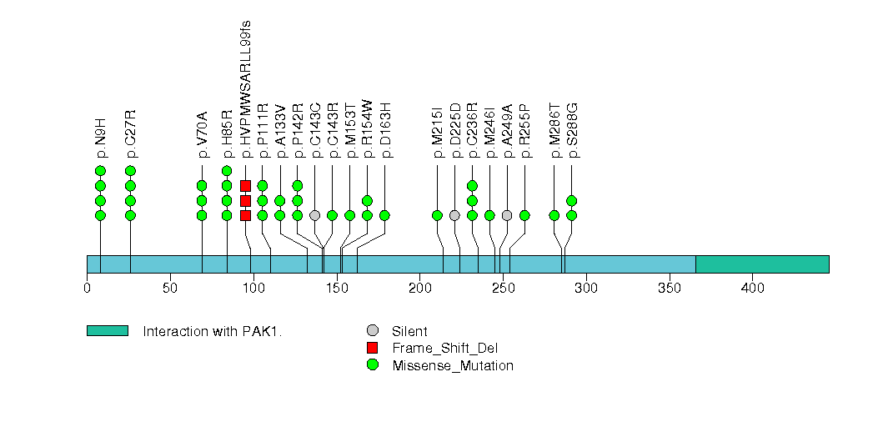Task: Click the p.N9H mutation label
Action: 101,141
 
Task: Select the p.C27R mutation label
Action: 131,133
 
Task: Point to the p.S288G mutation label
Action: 572,130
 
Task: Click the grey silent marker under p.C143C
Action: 314,215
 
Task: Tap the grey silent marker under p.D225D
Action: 454,215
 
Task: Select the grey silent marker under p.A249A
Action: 507,215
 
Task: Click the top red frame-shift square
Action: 245,185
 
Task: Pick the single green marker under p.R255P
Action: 524,215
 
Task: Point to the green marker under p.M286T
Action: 554,215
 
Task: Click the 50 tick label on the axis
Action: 170,289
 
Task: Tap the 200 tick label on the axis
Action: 419,289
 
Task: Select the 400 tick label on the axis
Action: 752,289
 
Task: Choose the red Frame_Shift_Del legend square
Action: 373,347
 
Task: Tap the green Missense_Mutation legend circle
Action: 373,364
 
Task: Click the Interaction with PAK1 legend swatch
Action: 107,330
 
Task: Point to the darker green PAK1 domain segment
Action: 762,264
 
